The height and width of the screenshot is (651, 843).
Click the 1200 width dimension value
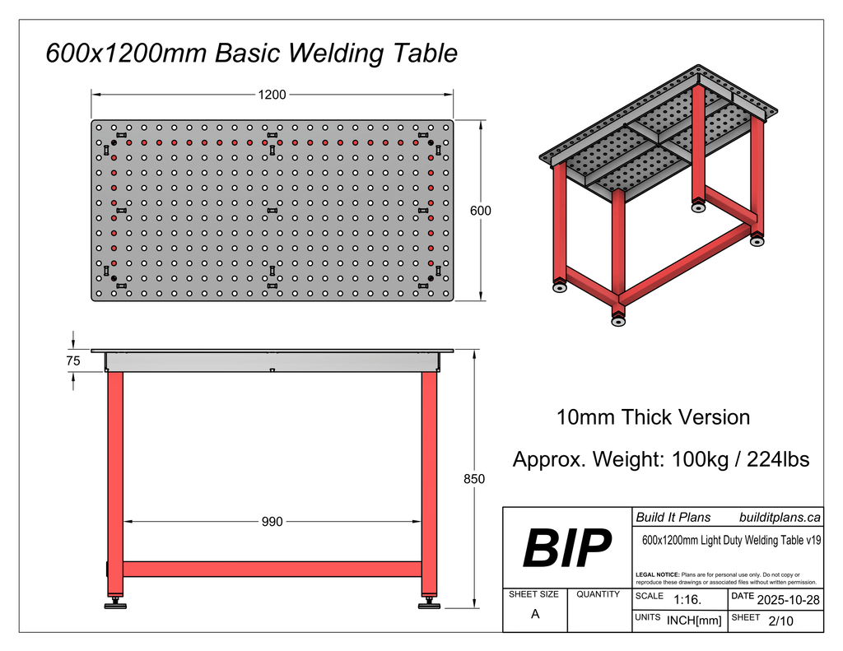coord(272,95)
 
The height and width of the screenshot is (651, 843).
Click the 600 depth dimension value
coord(481,211)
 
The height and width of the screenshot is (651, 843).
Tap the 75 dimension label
coord(73,360)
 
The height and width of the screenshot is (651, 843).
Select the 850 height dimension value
coord(474,479)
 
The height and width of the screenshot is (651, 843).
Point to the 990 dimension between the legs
coord(272,522)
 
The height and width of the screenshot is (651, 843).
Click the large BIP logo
coord(567,549)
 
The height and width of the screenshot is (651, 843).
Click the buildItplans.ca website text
coord(780,518)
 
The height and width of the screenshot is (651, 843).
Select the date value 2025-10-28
coord(788,599)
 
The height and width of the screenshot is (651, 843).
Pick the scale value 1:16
coord(687,600)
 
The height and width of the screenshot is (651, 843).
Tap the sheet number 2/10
coord(780,621)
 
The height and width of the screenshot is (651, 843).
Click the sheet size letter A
coord(535,614)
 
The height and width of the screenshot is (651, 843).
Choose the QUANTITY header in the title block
coord(598,594)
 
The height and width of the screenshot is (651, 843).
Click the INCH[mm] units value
coord(693,621)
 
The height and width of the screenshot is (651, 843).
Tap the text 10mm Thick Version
coord(653,417)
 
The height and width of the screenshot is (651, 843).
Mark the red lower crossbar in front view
coord(272,569)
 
